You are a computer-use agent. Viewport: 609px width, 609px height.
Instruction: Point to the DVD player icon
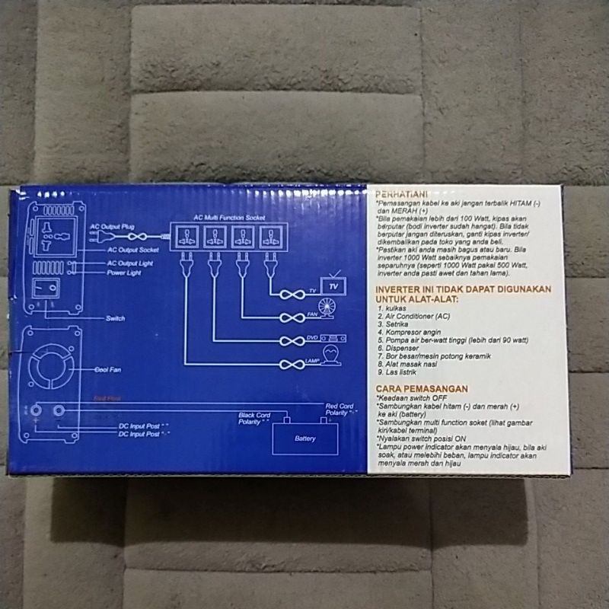coord(333,338)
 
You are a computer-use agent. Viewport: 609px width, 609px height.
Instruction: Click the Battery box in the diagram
coord(304,438)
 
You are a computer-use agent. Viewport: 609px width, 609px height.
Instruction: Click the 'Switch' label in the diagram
coord(116,318)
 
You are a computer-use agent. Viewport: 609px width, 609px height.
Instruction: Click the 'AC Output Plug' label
coord(112,227)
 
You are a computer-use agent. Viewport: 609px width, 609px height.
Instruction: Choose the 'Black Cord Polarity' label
coord(253,417)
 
